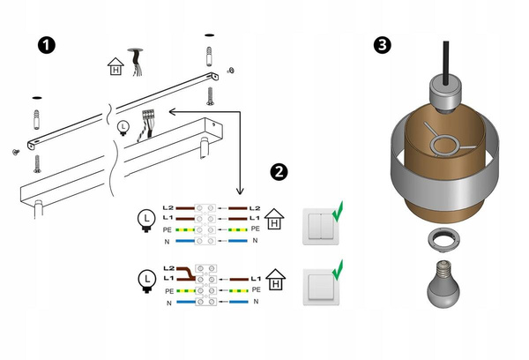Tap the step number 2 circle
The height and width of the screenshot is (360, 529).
tap(280, 171)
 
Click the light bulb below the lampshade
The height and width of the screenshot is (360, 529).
tap(443, 283)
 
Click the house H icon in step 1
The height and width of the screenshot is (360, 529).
tap(114, 66)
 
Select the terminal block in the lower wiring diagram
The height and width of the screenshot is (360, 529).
tap(208, 284)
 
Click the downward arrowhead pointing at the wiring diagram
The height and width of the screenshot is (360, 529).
tap(238, 193)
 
